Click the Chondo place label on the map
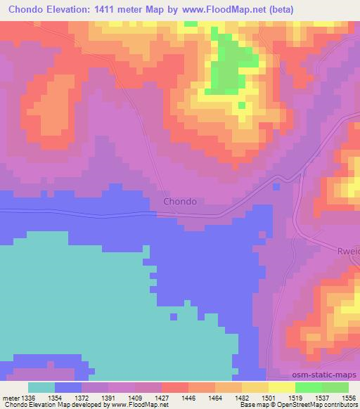179,201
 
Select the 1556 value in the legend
349,397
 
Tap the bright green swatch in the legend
308,387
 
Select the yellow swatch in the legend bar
281,387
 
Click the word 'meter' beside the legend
11,397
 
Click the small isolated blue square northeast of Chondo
276,186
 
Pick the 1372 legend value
83,397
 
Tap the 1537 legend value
323,397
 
